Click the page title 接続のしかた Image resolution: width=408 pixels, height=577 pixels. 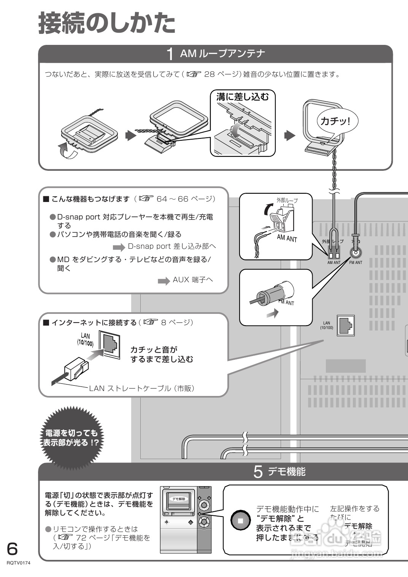(107, 23)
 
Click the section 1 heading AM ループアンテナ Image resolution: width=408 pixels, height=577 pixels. (216, 54)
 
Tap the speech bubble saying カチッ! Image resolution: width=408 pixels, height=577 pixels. (334, 121)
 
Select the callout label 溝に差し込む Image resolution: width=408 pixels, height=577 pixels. (242, 97)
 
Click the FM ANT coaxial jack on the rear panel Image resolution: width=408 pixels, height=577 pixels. (356, 253)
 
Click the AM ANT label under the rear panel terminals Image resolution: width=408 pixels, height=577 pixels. (333, 262)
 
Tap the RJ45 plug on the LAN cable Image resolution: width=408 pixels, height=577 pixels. (76, 368)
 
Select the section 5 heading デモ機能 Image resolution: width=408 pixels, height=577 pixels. (279, 472)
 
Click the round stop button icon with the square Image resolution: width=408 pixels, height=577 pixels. (240, 521)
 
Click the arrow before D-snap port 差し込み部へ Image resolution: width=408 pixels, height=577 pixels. (119, 248)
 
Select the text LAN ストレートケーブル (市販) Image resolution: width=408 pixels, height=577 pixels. (141, 388)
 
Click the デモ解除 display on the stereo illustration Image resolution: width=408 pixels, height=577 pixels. (179, 499)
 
